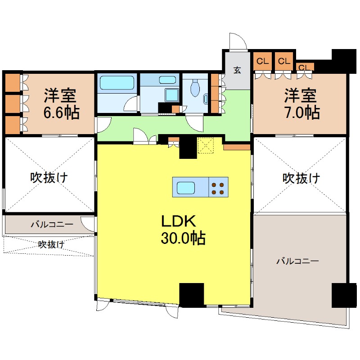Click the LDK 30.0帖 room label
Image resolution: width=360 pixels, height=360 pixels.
[x=183, y=229]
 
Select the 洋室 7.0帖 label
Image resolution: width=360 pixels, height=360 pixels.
[x=301, y=104]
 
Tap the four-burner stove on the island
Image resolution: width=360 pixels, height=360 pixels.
[x=218, y=187]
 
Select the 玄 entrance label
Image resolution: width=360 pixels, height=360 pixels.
[x=237, y=70]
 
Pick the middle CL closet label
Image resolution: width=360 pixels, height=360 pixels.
[x=283, y=61]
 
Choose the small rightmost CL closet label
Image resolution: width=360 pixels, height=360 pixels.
[x=305, y=67]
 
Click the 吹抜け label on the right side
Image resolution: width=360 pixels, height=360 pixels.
[x=301, y=178]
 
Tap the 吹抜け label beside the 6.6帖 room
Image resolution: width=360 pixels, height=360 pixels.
[x=49, y=177]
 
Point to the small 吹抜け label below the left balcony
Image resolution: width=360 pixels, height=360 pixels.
[x=50, y=245]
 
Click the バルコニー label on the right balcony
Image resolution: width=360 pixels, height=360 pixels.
[x=297, y=261]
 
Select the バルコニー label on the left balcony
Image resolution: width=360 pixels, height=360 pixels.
[x=52, y=223]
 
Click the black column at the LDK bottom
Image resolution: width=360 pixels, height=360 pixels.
[x=192, y=294]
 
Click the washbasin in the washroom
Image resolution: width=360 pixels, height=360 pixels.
[x=167, y=80]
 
